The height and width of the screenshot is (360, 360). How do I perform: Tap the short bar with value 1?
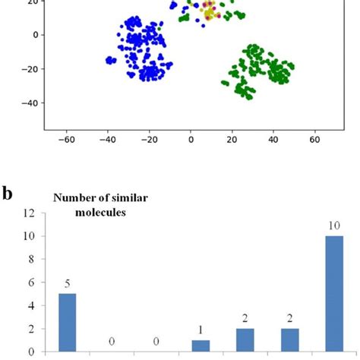(x=201, y=346)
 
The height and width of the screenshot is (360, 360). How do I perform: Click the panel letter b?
(x=8, y=192)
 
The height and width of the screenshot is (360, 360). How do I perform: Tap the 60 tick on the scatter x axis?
(x=315, y=140)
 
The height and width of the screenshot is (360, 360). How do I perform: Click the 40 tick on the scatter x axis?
(x=273, y=140)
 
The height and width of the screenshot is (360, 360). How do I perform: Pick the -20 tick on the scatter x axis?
(x=149, y=140)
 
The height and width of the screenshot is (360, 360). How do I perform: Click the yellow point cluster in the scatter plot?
(x=210, y=13)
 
